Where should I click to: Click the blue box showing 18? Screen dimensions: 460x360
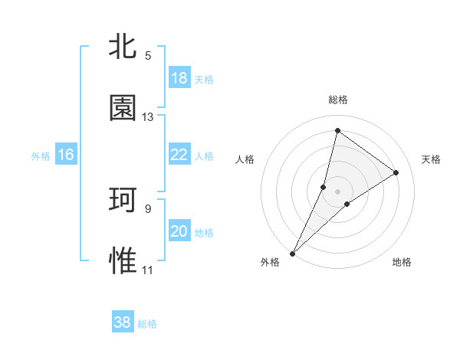(179, 78)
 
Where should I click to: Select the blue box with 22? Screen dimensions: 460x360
(179, 155)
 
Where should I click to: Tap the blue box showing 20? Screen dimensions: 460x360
(179, 231)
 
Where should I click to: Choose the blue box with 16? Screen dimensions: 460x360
(66, 155)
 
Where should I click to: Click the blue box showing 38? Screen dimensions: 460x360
(123, 322)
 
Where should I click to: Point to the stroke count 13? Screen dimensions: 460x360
(148, 117)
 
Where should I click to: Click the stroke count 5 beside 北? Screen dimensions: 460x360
(148, 56)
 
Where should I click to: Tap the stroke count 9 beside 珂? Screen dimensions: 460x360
(148, 208)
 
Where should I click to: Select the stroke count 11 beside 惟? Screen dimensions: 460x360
(148, 270)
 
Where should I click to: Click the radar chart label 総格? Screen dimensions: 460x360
(338, 100)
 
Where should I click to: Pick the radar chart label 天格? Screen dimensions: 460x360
(432, 159)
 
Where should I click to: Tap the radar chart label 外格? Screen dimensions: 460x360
(270, 262)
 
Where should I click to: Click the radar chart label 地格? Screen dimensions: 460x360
(402, 262)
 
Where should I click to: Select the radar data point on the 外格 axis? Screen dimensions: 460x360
(293, 253)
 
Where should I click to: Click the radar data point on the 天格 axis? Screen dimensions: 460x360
(396, 172)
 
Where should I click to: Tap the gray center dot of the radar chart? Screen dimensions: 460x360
(338, 191)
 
